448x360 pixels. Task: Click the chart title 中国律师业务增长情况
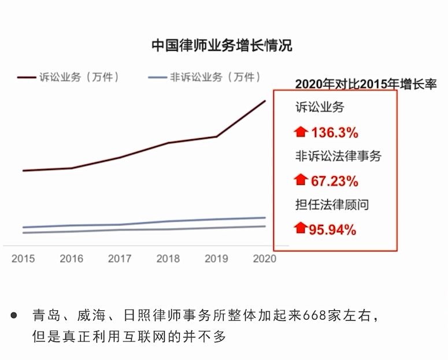click(x=222, y=46)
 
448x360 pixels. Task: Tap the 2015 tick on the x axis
click(x=23, y=258)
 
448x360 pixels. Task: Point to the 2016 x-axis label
click(x=71, y=258)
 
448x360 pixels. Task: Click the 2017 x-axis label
click(x=120, y=258)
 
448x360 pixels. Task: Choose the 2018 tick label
click(x=168, y=258)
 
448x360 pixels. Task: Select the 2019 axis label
click(x=216, y=258)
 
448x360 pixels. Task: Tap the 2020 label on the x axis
click(x=265, y=258)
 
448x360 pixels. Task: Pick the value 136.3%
click(x=335, y=133)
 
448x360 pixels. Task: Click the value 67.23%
click(x=335, y=181)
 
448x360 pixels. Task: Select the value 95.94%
click(x=332, y=229)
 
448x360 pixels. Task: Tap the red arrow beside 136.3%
click(x=300, y=132)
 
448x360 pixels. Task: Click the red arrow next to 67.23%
click(x=300, y=180)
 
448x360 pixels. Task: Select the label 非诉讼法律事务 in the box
click(x=338, y=156)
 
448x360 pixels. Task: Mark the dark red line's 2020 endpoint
click(x=265, y=101)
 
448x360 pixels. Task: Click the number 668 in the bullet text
click(x=316, y=316)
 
